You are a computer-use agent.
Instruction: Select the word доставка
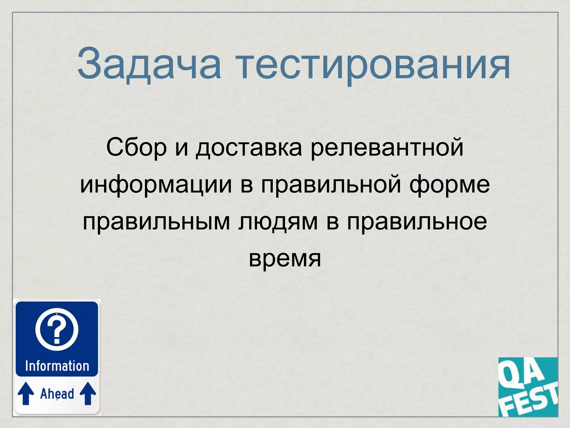pyautogui.click(x=249, y=148)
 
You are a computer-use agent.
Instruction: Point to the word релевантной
pyautogui.click(x=387, y=148)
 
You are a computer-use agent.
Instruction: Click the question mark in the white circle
pyautogui.click(x=57, y=330)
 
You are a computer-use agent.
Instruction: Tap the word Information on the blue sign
pyautogui.click(x=57, y=366)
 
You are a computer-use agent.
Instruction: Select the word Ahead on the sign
pyautogui.click(x=57, y=394)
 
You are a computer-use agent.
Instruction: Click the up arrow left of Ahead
pyautogui.click(x=26, y=393)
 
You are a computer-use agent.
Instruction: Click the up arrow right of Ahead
pyautogui.click(x=88, y=393)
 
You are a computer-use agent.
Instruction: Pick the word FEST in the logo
pyautogui.click(x=530, y=401)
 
